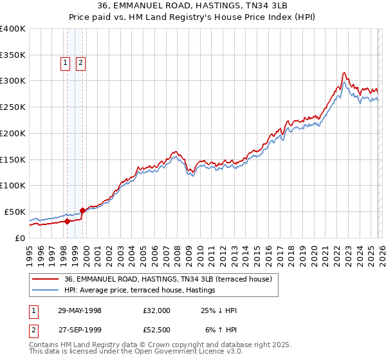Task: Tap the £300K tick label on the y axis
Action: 12,81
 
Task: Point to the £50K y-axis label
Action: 15,212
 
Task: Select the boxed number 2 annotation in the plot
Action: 81,63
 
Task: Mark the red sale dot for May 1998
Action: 68,221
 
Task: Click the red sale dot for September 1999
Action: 82,210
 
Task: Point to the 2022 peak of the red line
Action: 345,73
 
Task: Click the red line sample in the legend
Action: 46,279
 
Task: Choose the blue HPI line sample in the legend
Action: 46,290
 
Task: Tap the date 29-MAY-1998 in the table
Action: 80,310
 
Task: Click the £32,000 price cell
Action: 157,310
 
